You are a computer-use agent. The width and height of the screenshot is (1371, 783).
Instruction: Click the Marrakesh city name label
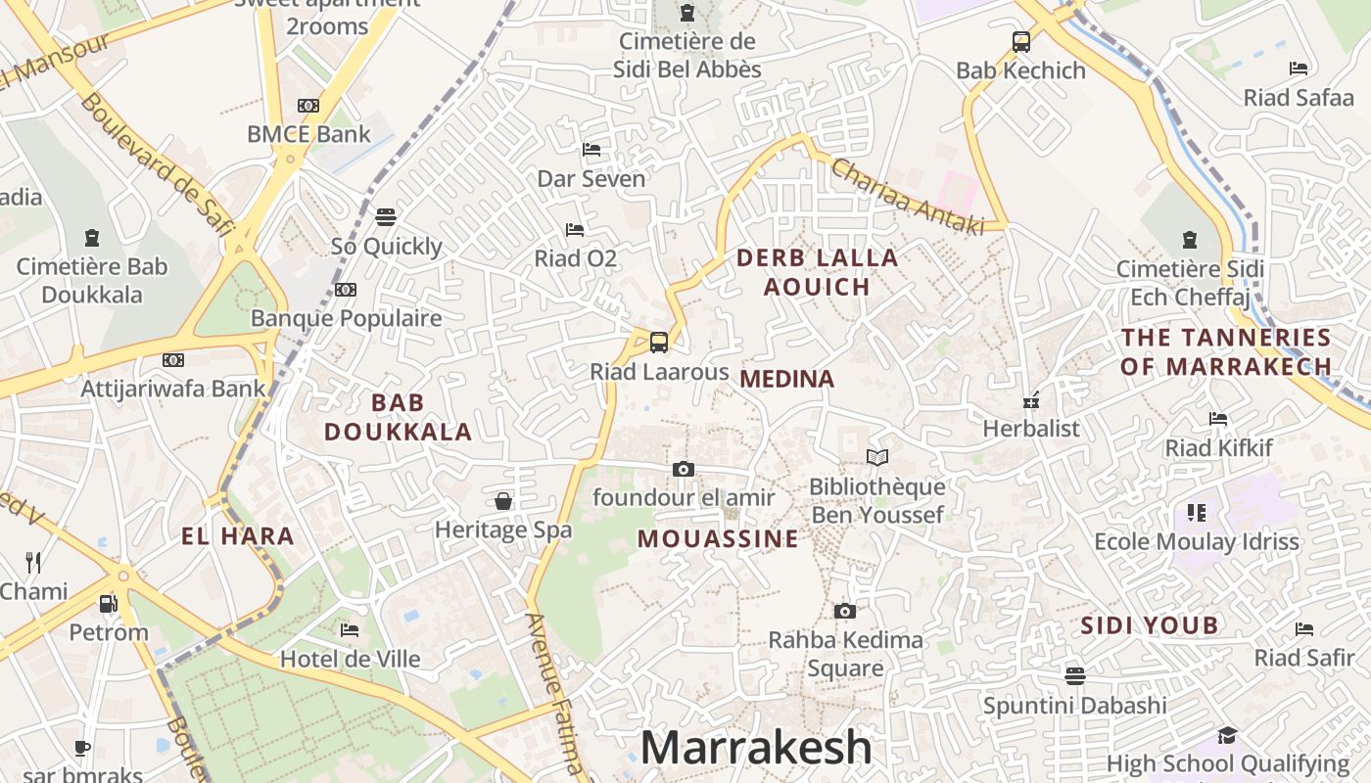[x=755, y=748]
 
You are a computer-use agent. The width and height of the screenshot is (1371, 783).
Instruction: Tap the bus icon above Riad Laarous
[x=659, y=343]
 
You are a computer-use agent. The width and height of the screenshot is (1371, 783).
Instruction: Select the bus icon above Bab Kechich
[x=1021, y=42]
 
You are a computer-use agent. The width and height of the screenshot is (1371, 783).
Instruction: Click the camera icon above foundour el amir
[x=684, y=470]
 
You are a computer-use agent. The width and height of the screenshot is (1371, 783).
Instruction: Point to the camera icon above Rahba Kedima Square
[x=844, y=612]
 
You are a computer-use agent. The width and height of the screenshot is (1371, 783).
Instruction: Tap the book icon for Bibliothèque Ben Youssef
[x=877, y=457]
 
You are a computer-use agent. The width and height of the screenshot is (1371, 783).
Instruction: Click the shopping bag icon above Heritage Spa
[x=503, y=501]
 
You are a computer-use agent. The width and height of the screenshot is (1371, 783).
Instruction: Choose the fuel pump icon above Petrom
[x=109, y=603]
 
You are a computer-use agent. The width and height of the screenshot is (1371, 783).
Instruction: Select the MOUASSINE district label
[x=718, y=539]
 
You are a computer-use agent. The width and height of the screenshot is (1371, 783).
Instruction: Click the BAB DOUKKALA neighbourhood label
[x=399, y=417]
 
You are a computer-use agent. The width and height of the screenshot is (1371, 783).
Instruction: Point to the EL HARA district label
[x=238, y=536]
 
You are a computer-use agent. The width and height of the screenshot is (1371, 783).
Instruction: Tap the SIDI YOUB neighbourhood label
[x=1150, y=625]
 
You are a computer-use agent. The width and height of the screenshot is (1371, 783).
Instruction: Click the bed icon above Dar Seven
[x=591, y=150]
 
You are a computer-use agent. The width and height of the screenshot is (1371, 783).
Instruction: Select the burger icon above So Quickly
[x=386, y=216]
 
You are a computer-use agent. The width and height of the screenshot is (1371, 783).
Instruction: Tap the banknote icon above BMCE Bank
[x=308, y=106]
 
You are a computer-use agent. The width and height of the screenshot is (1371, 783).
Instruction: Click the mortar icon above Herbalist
[x=1030, y=399]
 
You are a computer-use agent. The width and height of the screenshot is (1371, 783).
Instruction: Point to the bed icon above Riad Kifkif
[x=1218, y=419]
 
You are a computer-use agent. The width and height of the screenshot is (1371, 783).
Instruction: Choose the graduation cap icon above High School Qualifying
[x=1227, y=735]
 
